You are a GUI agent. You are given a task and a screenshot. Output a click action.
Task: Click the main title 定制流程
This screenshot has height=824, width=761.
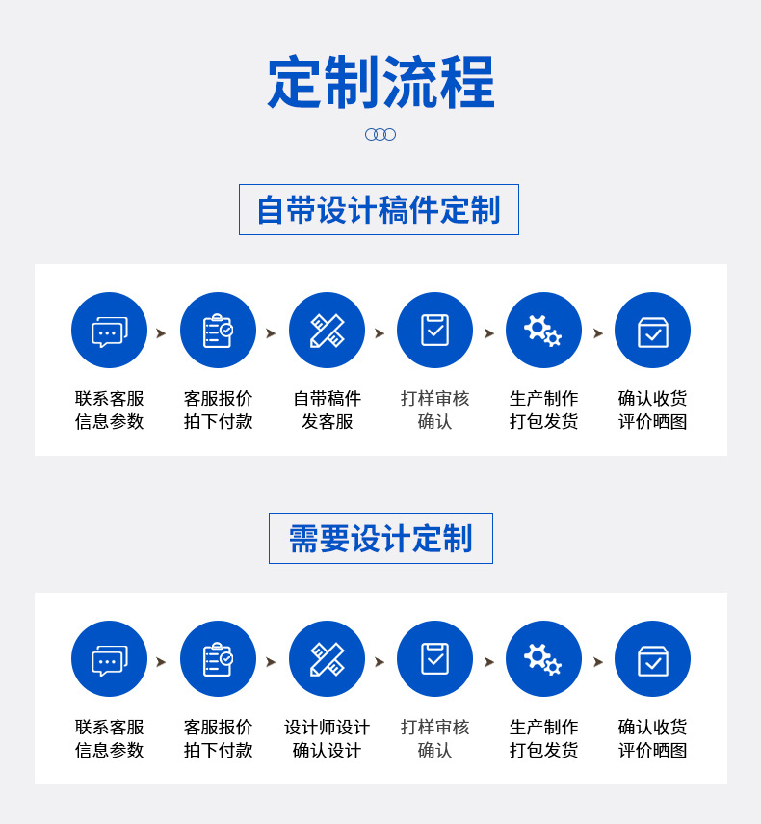pos(380,83)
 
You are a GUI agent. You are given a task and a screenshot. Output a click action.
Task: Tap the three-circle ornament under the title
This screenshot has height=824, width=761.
pos(380,135)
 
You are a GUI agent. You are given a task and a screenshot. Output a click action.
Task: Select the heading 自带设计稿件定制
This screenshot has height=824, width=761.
pos(379,210)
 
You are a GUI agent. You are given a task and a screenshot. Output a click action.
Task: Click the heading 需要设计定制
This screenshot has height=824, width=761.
pos(380,539)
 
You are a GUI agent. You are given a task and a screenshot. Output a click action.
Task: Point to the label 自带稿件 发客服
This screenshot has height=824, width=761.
pos(327,410)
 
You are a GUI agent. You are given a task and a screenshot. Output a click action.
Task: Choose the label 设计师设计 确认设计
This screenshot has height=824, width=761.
pos(327,738)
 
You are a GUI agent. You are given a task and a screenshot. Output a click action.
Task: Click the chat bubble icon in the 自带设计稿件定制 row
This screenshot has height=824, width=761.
pos(109,331)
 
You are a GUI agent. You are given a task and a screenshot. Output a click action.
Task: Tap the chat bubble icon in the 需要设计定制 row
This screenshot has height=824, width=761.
pos(109,659)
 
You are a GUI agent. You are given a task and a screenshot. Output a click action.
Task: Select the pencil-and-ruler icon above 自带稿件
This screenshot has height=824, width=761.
pos(327,331)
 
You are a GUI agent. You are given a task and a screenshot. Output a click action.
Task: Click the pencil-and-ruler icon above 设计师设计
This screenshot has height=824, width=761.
pos(327,659)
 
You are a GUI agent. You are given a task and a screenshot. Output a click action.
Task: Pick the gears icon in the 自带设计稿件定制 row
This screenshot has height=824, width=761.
pos(543,331)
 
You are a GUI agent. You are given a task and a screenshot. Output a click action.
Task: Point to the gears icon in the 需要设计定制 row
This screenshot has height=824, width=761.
pos(543,659)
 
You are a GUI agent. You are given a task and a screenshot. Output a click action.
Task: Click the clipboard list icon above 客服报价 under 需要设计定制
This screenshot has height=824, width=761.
pos(218,659)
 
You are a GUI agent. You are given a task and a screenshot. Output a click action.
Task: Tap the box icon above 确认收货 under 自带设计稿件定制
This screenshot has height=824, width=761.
pos(652,331)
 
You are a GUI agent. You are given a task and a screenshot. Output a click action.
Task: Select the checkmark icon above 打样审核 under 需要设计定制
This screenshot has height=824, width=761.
pos(434,659)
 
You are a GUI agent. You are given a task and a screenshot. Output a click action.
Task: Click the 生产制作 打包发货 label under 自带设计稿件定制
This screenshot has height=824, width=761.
pos(543,410)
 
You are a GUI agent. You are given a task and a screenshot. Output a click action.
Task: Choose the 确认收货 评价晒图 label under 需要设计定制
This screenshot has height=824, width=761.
pos(652,738)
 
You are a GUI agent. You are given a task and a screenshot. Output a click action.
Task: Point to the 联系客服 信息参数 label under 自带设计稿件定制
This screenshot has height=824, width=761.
pos(109,410)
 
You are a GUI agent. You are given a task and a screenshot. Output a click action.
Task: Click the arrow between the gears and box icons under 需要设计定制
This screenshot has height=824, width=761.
pos(598,662)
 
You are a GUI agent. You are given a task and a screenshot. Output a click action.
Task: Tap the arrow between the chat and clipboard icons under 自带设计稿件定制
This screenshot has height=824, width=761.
pos(161,333)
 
